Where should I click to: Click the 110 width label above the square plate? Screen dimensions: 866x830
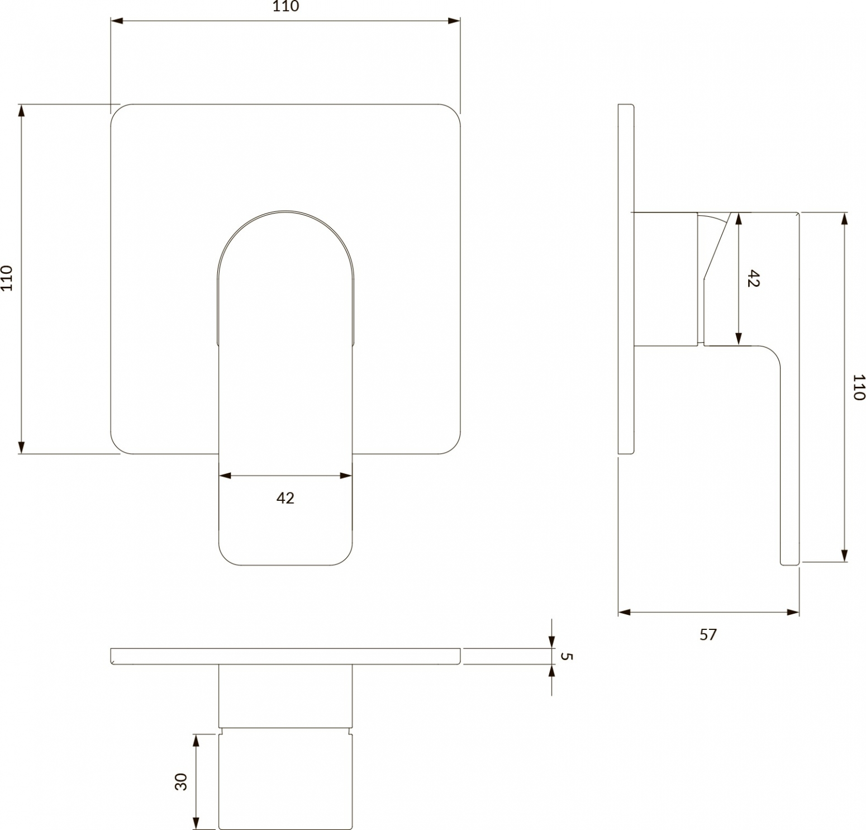(x=286, y=7)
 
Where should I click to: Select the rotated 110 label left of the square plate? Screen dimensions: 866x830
(x=7, y=278)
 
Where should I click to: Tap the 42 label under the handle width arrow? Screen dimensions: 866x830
(x=285, y=498)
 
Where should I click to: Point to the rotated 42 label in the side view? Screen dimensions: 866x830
(x=753, y=278)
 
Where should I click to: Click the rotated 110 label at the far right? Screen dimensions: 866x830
(x=859, y=387)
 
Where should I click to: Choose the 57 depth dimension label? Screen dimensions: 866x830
(x=708, y=634)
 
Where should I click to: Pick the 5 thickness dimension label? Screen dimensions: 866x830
(x=566, y=656)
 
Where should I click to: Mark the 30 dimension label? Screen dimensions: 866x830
(x=181, y=781)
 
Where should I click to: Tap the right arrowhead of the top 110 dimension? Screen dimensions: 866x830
(x=454, y=21)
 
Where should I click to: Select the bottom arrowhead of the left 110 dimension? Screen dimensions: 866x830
(x=22, y=447)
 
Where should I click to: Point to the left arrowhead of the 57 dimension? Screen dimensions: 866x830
(x=625, y=612)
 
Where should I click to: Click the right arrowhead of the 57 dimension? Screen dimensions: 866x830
(x=792, y=612)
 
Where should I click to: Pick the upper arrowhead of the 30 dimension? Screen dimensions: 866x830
(x=196, y=741)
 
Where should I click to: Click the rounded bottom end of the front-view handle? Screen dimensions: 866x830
(x=285, y=565)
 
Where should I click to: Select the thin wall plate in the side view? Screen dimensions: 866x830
(x=626, y=279)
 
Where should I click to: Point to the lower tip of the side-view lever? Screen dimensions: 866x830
(x=789, y=565)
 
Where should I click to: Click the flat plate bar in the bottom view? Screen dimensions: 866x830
(x=286, y=656)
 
